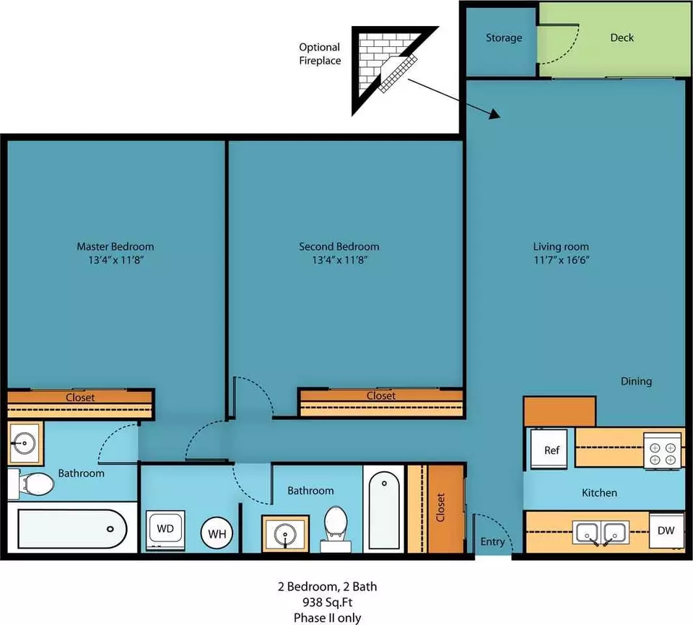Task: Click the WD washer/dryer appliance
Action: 165,530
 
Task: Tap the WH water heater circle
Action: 217,533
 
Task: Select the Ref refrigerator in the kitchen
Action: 549,449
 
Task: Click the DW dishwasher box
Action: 666,530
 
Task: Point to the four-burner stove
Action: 663,451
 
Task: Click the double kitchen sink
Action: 601,533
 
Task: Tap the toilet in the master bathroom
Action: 31,484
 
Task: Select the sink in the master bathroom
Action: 25,442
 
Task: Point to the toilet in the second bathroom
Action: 336,528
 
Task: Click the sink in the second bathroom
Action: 285,534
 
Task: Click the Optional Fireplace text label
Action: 320,54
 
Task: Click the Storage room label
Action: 504,38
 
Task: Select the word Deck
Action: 622,38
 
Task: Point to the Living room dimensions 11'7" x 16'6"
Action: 562,260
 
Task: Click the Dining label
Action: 636,382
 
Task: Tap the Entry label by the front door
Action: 492,542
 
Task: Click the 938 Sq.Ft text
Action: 327,602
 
